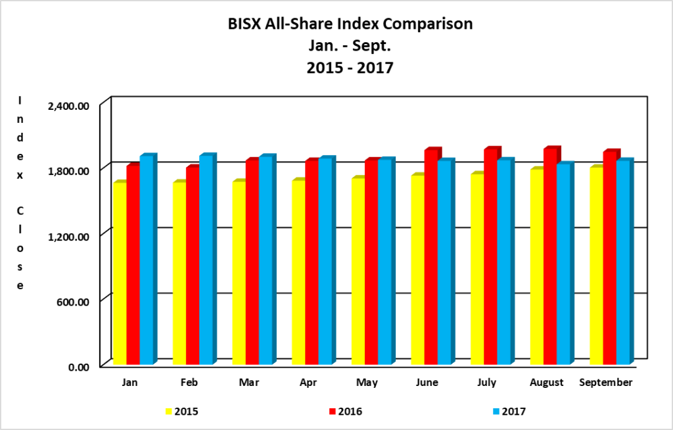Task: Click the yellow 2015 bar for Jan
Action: coord(120,273)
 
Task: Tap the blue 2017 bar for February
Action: coord(206,260)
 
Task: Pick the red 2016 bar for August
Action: coord(550,256)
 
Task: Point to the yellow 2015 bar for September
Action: coord(596,266)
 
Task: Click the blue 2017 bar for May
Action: coord(385,262)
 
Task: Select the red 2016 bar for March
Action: coord(252,262)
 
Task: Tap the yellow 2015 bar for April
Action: coord(298,272)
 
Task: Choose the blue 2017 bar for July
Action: coord(504,262)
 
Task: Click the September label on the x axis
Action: coord(606,382)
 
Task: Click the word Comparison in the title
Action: coord(424,24)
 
